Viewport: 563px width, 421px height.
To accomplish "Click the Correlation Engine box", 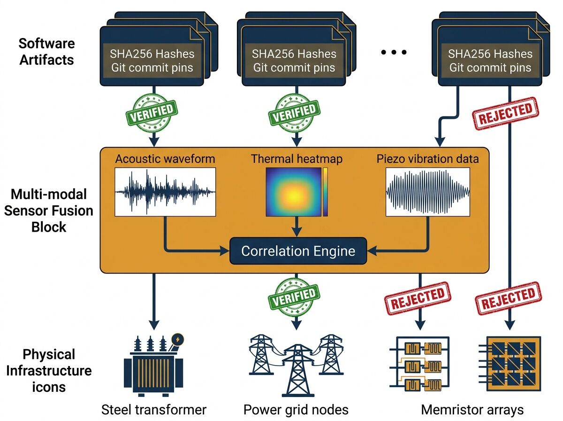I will (x=298, y=251).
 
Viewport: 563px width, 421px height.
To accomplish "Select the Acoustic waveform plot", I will (x=165, y=192).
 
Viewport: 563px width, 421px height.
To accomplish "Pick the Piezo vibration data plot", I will (x=428, y=192).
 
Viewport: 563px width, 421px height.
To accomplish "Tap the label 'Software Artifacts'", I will (x=46, y=52).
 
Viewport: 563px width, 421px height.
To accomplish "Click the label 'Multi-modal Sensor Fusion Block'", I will (x=48, y=210).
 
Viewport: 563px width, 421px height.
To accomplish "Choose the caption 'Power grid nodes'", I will (x=296, y=410).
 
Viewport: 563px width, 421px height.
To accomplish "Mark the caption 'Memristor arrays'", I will (x=472, y=410).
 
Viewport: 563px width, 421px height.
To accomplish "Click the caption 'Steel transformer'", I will (x=154, y=410).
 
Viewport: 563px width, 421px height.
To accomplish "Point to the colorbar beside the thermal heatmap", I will (x=325, y=192).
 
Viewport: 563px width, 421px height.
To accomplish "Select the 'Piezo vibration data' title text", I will (x=427, y=159).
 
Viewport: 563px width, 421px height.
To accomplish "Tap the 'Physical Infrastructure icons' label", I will (x=49, y=370).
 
